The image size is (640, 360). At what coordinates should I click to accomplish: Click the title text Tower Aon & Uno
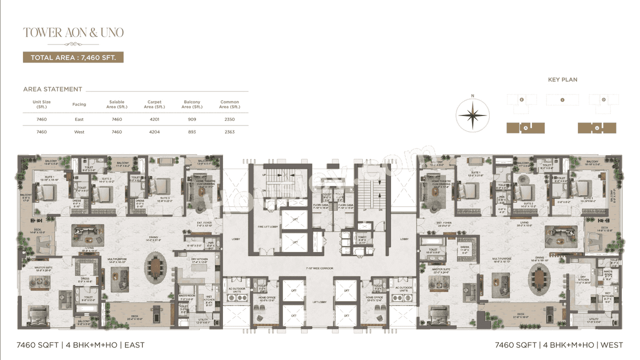tap(73, 33)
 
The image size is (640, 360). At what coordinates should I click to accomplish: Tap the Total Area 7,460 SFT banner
tap(73, 57)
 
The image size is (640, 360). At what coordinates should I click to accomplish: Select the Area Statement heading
tap(52, 89)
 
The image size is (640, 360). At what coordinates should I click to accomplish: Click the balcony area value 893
tap(192, 132)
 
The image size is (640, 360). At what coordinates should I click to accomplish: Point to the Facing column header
tap(79, 104)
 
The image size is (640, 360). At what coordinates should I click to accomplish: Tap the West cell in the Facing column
tap(79, 132)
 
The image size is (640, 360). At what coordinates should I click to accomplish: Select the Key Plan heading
tap(562, 79)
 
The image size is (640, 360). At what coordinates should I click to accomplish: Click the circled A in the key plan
tap(525, 128)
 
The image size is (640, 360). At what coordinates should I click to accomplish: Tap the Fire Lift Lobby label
tap(266, 226)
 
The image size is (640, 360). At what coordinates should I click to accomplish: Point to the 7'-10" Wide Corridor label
tap(319, 268)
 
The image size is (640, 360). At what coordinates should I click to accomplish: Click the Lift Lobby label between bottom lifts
tap(319, 302)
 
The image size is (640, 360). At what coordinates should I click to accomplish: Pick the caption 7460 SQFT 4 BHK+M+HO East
tap(80, 345)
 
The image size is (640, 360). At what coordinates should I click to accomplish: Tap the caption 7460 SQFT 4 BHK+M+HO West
tap(558, 345)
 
